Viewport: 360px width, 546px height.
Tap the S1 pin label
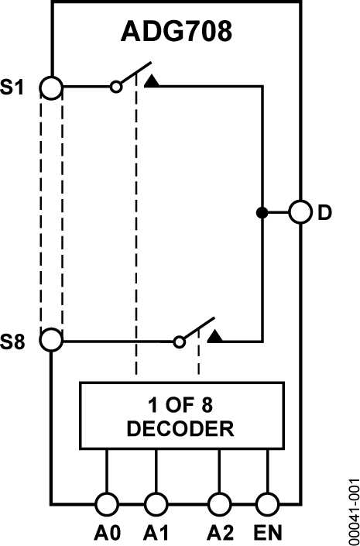click(x=14, y=87)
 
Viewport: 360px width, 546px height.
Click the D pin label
click(x=324, y=212)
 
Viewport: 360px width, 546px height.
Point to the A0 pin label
click(x=106, y=533)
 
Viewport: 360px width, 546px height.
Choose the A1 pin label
click(x=156, y=533)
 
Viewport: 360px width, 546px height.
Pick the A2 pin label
click(x=220, y=533)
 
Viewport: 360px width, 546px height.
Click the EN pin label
click(x=269, y=533)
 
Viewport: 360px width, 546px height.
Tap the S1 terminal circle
click(x=51, y=87)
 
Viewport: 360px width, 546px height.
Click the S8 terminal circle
click(x=51, y=340)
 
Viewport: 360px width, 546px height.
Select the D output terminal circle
click(x=300, y=212)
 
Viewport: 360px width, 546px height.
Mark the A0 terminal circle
click(x=106, y=504)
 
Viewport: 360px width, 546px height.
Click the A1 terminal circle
click(x=156, y=504)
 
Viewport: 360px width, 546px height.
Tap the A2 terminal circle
click(x=220, y=504)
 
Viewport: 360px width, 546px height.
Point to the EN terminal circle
click(x=268, y=504)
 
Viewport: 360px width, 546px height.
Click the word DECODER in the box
click(x=180, y=428)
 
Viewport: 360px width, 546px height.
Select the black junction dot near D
click(x=262, y=212)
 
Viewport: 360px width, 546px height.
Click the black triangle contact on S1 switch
click(x=152, y=81)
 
